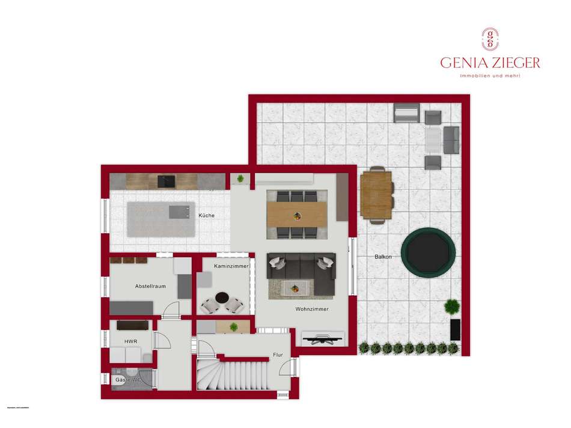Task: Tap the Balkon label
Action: click(x=383, y=257)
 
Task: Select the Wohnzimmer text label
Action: click(x=311, y=309)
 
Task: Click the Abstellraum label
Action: click(x=150, y=286)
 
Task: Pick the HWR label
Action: click(x=130, y=341)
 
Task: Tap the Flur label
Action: click(x=278, y=355)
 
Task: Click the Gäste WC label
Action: click(x=127, y=380)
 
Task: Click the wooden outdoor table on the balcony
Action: click(x=376, y=194)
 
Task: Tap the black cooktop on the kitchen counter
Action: click(x=166, y=180)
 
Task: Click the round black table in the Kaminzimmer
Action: click(x=223, y=299)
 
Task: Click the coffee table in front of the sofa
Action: click(x=298, y=289)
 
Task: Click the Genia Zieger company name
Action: click(x=490, y=63)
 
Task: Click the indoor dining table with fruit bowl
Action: click(x=297, y=213)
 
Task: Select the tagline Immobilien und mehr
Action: click(x=490, y=76)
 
